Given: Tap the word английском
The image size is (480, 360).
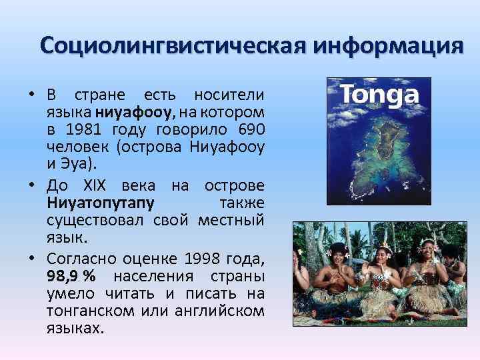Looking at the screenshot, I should (x=221, y=311).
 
